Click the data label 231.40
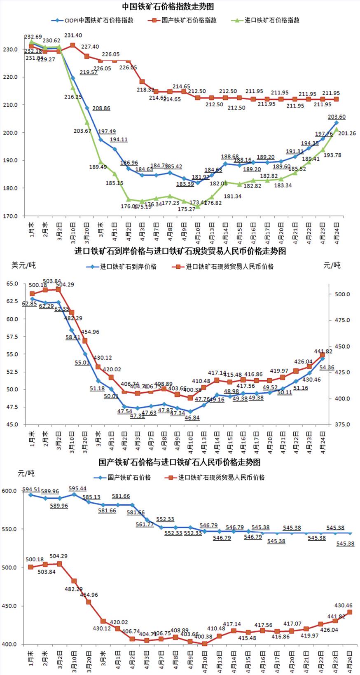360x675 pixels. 73,36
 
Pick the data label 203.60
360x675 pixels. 337,117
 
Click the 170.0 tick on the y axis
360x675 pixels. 11,216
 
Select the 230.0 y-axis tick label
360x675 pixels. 11,49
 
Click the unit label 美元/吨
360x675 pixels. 23,265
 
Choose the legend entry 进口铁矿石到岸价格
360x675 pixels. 128,267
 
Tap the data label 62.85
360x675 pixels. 30,304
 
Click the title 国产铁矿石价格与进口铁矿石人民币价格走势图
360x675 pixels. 180,462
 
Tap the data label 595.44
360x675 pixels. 77,489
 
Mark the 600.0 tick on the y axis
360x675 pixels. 9,491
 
